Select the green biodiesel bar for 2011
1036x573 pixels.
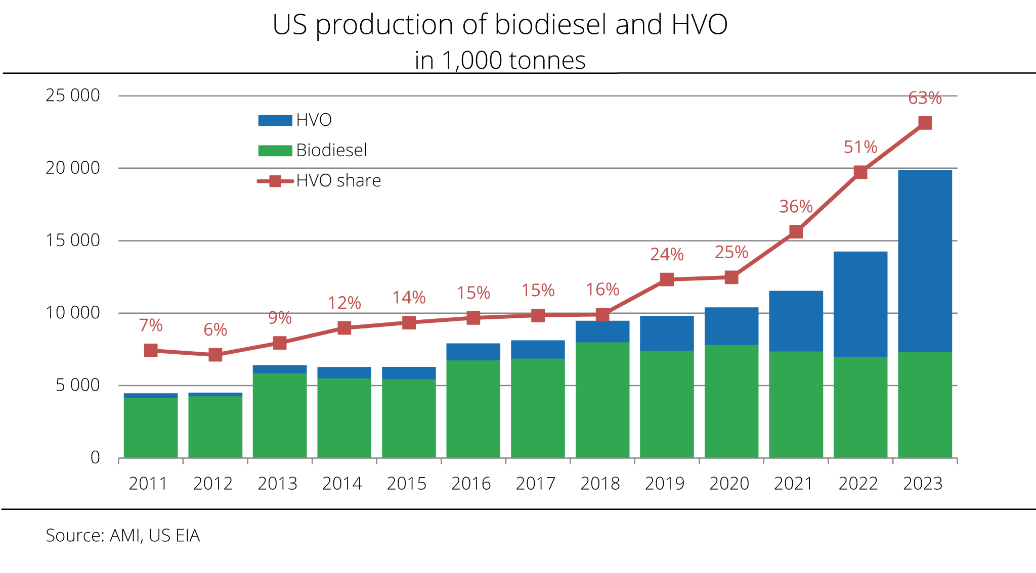click(151, 427)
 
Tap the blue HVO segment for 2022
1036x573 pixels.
click(860, 304)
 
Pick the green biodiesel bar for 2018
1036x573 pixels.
click(602, 400)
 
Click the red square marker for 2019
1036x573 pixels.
click(667, 279)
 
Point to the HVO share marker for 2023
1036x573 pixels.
click(925, 123)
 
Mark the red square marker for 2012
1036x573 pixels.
click(215, 355)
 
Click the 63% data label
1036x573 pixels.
click(925, 98)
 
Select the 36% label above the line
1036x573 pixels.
click(795, 207)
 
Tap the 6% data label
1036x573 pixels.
click(215, 330)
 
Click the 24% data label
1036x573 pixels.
click(667, 255)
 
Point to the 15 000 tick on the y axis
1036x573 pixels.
click(73, 241)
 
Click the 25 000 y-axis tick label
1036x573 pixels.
click(73, 96)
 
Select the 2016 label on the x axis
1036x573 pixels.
click(471, 484)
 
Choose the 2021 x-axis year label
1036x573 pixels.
click(793, 484)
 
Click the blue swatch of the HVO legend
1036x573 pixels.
click(275, 120)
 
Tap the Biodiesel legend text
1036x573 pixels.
click(331, 151)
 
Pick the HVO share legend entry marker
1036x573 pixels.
click(275, 181)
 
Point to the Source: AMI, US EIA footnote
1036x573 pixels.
click(123, 536)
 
